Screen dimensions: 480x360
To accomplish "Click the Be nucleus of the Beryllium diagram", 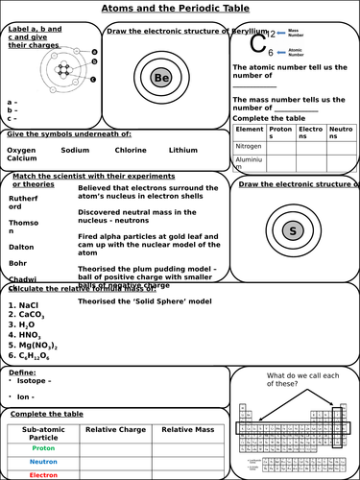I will pyautogui.click(x=162, y=77).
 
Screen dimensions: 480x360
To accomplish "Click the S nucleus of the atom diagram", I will pyautogui.click(x=292, y=230).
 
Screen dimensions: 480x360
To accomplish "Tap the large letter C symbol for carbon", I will pyautogui.click(x=257, y=41).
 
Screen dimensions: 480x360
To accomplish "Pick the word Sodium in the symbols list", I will pyautogui.click(x=75, y=150).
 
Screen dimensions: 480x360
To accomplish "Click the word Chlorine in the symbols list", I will pyautogui.click(x=131, y=150).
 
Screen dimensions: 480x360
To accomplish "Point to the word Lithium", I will pyautogui.click(x=182, y=150).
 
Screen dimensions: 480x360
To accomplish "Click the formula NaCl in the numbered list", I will pyautogui.click(x=29, y=304).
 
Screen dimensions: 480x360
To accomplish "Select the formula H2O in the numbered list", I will pyautogui.click(x=27, y=324).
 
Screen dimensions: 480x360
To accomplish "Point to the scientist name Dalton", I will pyautogui.click(x=23, y=246).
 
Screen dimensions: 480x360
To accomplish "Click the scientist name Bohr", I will pyautogui.click(x=18, y=262).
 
